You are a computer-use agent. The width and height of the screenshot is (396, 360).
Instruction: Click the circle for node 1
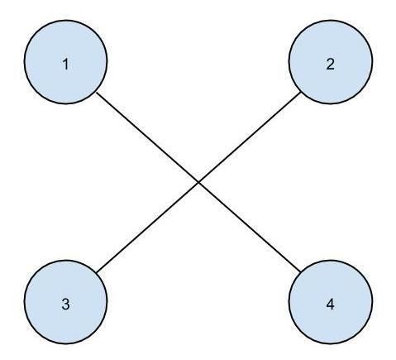(x=65, y=62)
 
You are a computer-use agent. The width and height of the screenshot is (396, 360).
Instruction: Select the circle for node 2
(x=331, y=62)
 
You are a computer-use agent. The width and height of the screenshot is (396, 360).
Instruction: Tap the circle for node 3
(x=65, y=302)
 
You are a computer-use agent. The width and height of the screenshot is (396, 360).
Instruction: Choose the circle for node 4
(x=331, y=302)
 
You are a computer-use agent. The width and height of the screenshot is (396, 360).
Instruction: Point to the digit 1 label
(x=65, y=65)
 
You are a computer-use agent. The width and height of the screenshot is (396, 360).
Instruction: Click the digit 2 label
(x=330, y=65)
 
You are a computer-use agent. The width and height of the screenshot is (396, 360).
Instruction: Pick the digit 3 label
(x=65, y=305)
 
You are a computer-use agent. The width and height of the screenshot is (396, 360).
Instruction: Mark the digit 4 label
(x=330, y=305)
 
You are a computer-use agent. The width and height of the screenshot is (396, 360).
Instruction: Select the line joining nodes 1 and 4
(x=198, y=182)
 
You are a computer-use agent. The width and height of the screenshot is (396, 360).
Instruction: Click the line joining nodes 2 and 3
(x=198, y=182)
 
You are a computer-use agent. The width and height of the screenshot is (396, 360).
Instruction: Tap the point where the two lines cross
(x=198, y=182)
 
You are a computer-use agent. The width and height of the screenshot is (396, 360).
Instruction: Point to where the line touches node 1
(x=97, y=93)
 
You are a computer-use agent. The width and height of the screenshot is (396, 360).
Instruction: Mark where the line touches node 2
(x=300, y=93)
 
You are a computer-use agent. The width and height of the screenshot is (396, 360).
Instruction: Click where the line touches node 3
(x=97, y=272)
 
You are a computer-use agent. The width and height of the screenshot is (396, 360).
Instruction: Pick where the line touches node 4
(x=300, y=271)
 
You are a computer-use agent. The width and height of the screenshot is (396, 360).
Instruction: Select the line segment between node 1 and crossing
(x=147, y=137)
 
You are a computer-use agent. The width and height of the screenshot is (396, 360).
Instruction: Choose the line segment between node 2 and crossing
(x=249, y=137)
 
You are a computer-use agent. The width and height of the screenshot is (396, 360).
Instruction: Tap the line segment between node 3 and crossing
(x=147, y=228)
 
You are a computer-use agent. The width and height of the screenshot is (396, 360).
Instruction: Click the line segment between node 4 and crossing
(x=249, y=227)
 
